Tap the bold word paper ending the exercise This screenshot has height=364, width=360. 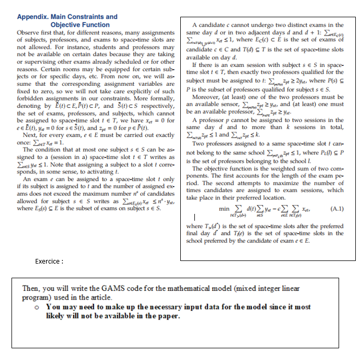(x=170, y=316)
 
